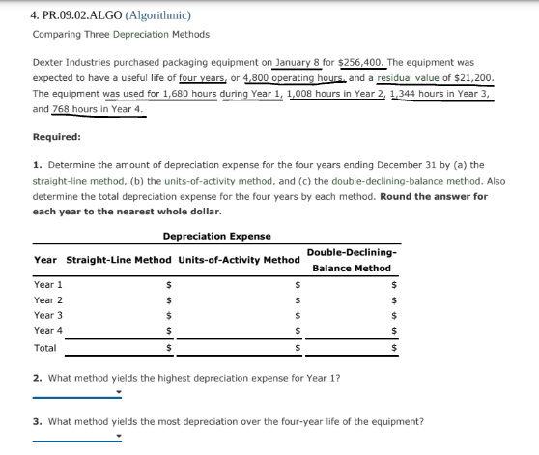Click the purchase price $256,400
pyautogui.click(x=353, y=60)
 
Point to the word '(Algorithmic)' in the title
pyautogui.click(x=155, y=14)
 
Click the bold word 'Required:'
pyautogui.click(x=57, y=137)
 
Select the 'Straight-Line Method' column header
pyautogui.click(x=117, y=260)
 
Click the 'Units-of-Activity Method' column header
pyautogui.click(x=240, y=260)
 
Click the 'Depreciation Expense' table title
pyautogui.click(x=216, y=236)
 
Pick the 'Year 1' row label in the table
pyautogui.click(x=48, y=285)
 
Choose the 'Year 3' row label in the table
pyautogui.click(x=48, y=315)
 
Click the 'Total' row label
pyautogui.click(x=44, y=346)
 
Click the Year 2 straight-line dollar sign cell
pyautogui.click(x=168, y=300)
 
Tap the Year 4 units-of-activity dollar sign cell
pyautogui.click(x=298, y=331)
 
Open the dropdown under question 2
pyautogui.click(x=77, y=392)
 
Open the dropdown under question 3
pyautogui.click(x=77, y=437)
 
